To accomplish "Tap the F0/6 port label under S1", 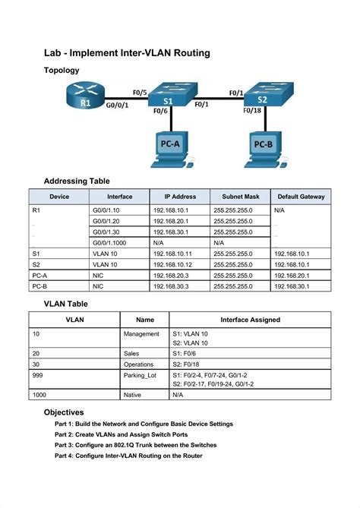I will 160,111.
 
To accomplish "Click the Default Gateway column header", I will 301,197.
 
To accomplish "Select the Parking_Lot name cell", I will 141,376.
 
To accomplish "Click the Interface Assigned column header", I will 250,320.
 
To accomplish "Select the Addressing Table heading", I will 77,181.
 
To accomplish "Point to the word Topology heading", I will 67,70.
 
